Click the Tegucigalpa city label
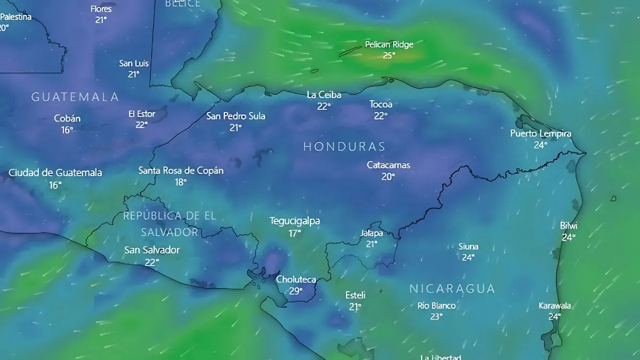click(x=295, y=221)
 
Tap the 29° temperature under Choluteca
click(x=296, y=291)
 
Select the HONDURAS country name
click(x=344, y=147)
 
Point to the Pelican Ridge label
click(x=389, y=45)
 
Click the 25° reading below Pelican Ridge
click(x=389, y=55)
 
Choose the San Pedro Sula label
click(x=236, y=116)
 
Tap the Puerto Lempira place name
click(x=541, y=133)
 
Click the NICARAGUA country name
click(x=452, y=289)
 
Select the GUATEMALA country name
click(x=75, y=97)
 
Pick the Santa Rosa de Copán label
click(x=181, y=171)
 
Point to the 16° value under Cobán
click(x=67, y=130)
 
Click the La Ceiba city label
click(x=324, y=95)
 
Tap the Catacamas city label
click(x=388, y=165)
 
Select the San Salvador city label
click(x=152, y=250)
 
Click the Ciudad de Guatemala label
click(x=55, y=173)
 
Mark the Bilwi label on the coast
click(x=569, y=226)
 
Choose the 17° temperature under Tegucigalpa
click(x=295, y=233)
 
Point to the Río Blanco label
click(x=436, y=306)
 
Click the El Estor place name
click(x=142, y=114)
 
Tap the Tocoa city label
click(x=381, y=105)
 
